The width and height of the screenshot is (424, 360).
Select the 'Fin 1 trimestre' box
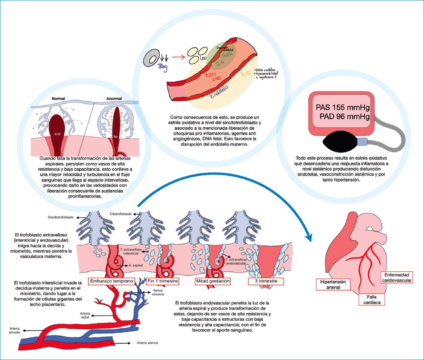pyautogui.click(x=162, y=281)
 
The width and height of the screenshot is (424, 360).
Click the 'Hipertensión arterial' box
pyautogui.click(x=330, y=284)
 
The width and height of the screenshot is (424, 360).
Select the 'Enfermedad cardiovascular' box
pyautogui.click(x=397, y=277)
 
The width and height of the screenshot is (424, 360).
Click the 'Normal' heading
pyautogui.click(x=58, y=98)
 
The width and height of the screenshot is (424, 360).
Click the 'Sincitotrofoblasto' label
pyautogui.click(x=58, y=218)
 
